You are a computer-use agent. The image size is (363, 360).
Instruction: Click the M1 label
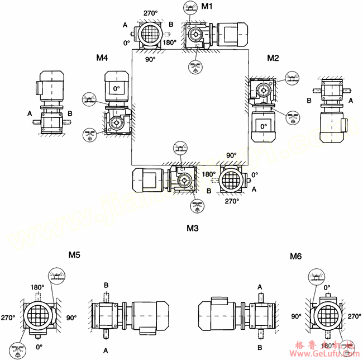(x=207, y=6)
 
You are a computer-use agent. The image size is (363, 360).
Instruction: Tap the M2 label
(x=273, y=58)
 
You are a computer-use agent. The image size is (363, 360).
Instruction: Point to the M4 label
(x=102, y=58)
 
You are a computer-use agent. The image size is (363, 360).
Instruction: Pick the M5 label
(x=74, y=255)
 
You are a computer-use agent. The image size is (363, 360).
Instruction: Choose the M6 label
(x=296, y=257)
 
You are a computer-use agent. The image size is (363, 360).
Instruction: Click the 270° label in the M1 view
(x=151, y=13)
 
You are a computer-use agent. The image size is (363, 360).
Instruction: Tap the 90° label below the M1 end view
(x=151, y=59)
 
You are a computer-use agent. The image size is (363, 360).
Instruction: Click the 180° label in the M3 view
(x=208, y=174)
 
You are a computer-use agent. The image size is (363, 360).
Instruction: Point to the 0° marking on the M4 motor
(x=116, y=89)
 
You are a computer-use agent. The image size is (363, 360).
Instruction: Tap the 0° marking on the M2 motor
(x=264, y=127)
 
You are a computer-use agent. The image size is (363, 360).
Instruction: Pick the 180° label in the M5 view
(x=37, y=287)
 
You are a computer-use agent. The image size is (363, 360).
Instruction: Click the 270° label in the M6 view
(x=354, y=316)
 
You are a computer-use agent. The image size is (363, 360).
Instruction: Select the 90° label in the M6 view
(x=296, y=316)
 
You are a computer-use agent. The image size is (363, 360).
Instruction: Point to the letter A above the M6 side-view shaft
(x=260, y=286)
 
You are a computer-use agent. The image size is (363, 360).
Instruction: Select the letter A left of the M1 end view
(x=125, y=24)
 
